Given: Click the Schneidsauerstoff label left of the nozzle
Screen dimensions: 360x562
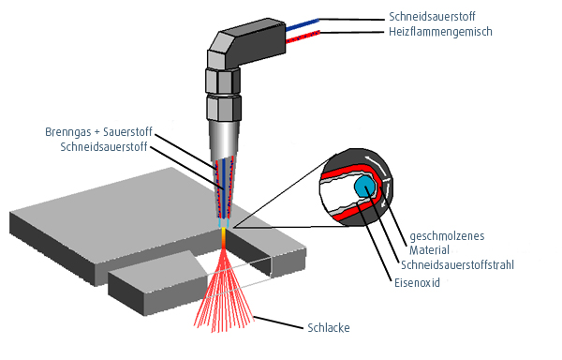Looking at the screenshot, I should click(103, 147).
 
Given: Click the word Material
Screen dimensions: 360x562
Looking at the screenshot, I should click(431, 250).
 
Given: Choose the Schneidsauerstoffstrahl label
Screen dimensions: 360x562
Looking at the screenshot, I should click(457, 264).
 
